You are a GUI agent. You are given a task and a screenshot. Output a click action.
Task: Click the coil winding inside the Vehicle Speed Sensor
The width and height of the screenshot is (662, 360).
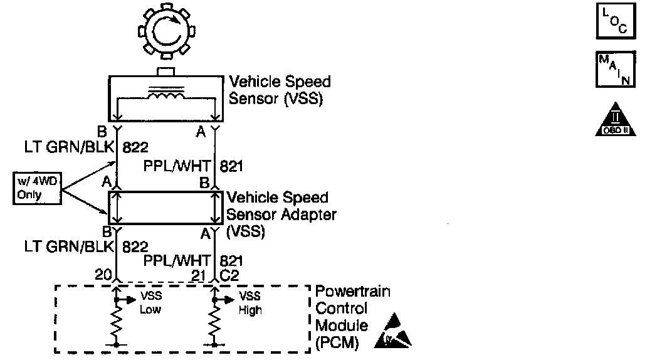click(x=166, y=95)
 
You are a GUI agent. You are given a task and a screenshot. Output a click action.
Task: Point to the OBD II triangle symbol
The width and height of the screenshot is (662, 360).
click(x=615, y=120)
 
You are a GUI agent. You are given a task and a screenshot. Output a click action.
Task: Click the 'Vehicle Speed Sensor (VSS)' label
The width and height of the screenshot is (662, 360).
click(x=280, y=90)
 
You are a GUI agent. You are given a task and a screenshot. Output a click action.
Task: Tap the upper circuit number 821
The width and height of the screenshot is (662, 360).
click(x=231, y=166)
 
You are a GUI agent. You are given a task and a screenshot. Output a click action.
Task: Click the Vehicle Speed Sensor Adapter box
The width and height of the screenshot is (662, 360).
click(x=166, y=208)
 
